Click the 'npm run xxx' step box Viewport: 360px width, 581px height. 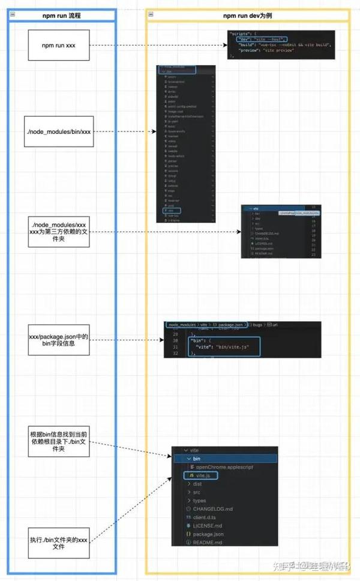pyautogui.click(x=58, y=45)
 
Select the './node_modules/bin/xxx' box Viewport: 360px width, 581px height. pyautogui.click(x=58, y=131)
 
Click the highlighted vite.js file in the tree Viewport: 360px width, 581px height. pyautogui.click(x=200, y=475)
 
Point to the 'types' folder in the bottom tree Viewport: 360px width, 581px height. pyautogui.click(x=199, y=501)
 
